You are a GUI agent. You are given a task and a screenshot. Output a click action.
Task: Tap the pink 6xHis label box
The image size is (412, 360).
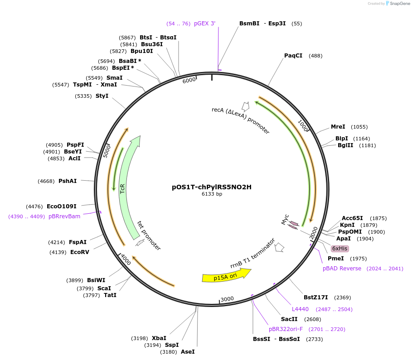(x=340, y=249)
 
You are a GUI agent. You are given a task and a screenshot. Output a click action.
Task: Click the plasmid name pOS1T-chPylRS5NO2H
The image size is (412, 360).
(x=212, y=187)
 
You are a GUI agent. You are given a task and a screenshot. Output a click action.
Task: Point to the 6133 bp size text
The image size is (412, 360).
(x=212, y=194)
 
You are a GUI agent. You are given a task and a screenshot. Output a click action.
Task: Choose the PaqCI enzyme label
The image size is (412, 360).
(x=293, y=56)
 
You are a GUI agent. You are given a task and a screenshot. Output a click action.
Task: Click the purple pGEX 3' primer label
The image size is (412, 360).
(x=205, y=24)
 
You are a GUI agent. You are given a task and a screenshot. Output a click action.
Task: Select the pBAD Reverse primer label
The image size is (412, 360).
(x=342, y=269)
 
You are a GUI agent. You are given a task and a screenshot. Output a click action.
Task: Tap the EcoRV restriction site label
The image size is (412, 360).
(x=80, y=252)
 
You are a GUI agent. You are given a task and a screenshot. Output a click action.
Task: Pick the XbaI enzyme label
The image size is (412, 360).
(x=159, y=338)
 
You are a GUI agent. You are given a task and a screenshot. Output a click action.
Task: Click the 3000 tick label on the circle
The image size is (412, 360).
(x=227, y=299)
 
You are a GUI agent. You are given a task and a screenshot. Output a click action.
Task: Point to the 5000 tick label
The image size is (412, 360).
(x=107, y=151)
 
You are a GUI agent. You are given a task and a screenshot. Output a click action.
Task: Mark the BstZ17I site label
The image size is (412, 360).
(x=315, y=297)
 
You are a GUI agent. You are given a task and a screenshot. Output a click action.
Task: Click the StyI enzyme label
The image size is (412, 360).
(x=102, y=96)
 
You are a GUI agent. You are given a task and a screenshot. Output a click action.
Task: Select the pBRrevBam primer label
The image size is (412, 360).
(x=64, y=216)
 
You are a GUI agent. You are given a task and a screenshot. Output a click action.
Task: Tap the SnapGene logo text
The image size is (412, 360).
(x=399, y=4)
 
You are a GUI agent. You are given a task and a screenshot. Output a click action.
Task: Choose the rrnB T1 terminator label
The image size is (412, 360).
(x=252, y=254)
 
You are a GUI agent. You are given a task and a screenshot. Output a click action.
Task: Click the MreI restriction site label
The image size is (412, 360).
(x=338, y=127)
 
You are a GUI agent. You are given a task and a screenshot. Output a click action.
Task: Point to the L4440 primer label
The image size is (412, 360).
(x=300, y=309)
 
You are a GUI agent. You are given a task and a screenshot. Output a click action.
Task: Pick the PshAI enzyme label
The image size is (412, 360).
(x=68, y=181)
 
